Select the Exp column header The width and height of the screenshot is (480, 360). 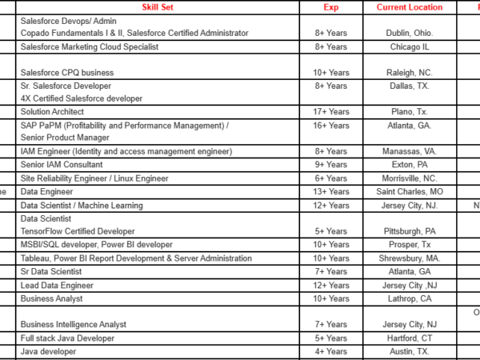click(330, 7)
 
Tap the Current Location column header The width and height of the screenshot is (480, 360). click(409, 7)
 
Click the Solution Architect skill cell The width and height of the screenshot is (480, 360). click(53, 111)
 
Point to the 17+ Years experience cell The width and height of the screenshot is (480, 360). click(330, 111)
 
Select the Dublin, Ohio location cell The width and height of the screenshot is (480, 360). click(409, 34)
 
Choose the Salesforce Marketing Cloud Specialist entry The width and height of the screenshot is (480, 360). click(90, 46)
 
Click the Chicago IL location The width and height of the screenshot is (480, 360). click(409, 46)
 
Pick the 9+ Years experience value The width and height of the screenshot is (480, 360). click(330, 164)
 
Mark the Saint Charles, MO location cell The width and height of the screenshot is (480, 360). click(409, 192)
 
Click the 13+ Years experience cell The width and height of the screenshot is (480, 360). click(330, 192)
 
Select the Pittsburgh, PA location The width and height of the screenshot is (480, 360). click(409, 231)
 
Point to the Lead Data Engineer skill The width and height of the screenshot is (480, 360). click(54, 285)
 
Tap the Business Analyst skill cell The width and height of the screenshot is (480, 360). click(52, 298)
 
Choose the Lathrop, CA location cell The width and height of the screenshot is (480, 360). click(409, 298)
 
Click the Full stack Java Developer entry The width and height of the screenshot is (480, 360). click(68, 338)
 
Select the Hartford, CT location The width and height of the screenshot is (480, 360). click(409, 338)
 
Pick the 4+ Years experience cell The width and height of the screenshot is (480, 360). click(330, 351)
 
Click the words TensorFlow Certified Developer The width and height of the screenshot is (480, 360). click(78, 231)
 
